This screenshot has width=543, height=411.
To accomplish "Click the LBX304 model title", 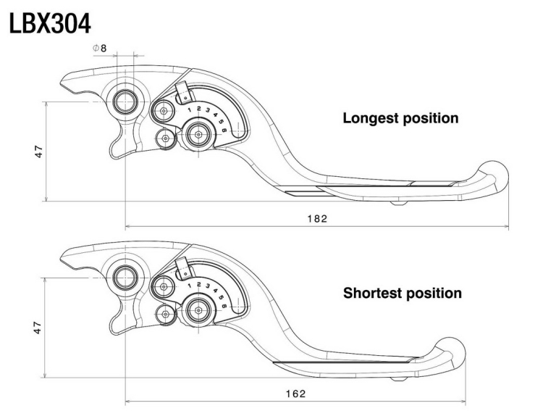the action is click(x=50, y=24).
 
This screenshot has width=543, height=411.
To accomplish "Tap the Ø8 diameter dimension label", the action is click(x=100, y=49).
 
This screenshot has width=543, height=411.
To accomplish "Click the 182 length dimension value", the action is click(x=317, y=219).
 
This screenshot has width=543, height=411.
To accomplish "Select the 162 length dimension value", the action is click(x=296, y=394).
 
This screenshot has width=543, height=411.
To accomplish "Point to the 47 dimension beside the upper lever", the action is click(x=39, y=151).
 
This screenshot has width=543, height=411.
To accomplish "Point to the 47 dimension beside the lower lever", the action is click(x=38, y=328).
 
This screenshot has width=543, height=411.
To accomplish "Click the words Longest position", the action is click(x=400, y=118).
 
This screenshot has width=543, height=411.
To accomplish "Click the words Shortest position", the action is click(x=403, y=294).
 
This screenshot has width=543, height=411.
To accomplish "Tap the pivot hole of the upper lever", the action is click(x=125, y=101).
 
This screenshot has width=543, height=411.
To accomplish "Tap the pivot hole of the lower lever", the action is click(x=125, y=277).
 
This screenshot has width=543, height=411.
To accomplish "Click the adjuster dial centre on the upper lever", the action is click(x=198, y=135).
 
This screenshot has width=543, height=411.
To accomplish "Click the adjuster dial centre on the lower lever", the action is click(x=198, y=310).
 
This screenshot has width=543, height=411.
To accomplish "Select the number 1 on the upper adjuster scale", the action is click(x=190, y=110).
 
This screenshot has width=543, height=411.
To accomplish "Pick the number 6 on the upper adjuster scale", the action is click(x=224, y=130).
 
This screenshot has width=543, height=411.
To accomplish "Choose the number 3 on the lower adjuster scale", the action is click(x=208, y=286).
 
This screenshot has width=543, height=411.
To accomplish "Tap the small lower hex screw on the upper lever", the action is click(x=166, y=138).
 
